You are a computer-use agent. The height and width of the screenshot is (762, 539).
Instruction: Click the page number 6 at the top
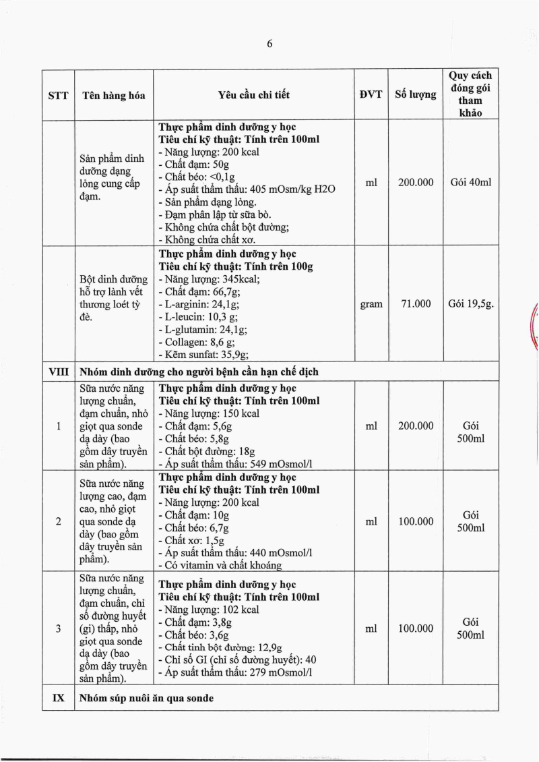tap(269, 44)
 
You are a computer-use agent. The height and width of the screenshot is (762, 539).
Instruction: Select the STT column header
tap(58, 95)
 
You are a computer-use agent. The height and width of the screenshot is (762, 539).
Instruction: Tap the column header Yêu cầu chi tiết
tap(254, 95)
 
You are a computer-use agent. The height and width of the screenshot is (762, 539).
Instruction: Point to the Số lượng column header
tap(415, 94)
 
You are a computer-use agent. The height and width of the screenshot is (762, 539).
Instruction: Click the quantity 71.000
tap(416, 304)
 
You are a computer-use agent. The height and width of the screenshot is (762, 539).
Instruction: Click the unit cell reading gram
tap(371, 304)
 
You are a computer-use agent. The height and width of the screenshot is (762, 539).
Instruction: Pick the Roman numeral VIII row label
tap(58, 372)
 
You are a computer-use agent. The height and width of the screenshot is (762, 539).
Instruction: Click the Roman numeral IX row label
tap(58, 698)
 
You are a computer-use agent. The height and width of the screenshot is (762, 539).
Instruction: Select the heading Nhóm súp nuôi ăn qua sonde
tap(146, 698)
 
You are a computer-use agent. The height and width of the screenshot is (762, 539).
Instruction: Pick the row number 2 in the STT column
tap(58, 521)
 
